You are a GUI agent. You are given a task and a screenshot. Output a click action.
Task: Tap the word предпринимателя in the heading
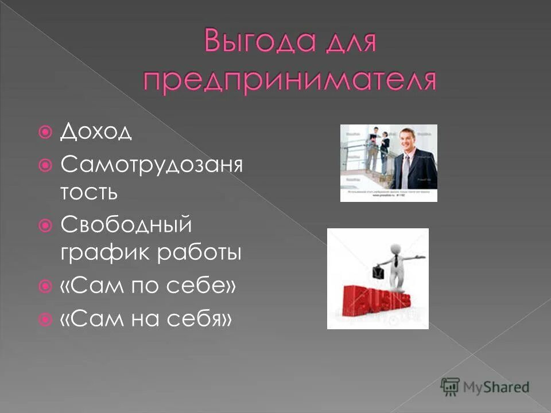pyautogui.click(x=289, y=80)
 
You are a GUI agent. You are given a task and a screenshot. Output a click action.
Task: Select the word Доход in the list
pyautogui.click(x=96, y=133)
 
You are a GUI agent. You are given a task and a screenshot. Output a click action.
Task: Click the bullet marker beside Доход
pyautogui.click(x=48, y=133)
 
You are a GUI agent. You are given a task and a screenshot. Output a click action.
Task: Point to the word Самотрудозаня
pyautogui.click(x=151, y=166)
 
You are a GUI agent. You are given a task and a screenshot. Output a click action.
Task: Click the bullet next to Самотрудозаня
pyautogui.click(x=48, y=166)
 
